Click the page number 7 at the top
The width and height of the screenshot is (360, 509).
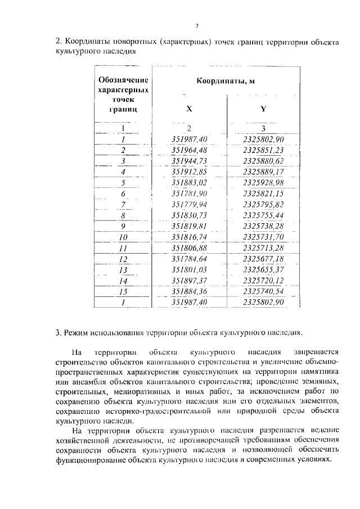[x=197, y=25]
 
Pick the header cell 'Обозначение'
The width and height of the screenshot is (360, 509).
[x=123, y=80]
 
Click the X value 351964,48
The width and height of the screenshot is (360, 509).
[x=190, y=150]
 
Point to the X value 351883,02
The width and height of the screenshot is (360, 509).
[x=190, y=182]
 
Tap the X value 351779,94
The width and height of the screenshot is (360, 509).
[x=190, y=204]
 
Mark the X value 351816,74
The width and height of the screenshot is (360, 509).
[x=190, y=237]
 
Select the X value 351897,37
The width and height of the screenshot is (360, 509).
[x=190, y=281]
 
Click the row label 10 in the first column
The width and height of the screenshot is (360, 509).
[x=123, y=237]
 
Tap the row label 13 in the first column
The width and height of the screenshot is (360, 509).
[x=123, y=269]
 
